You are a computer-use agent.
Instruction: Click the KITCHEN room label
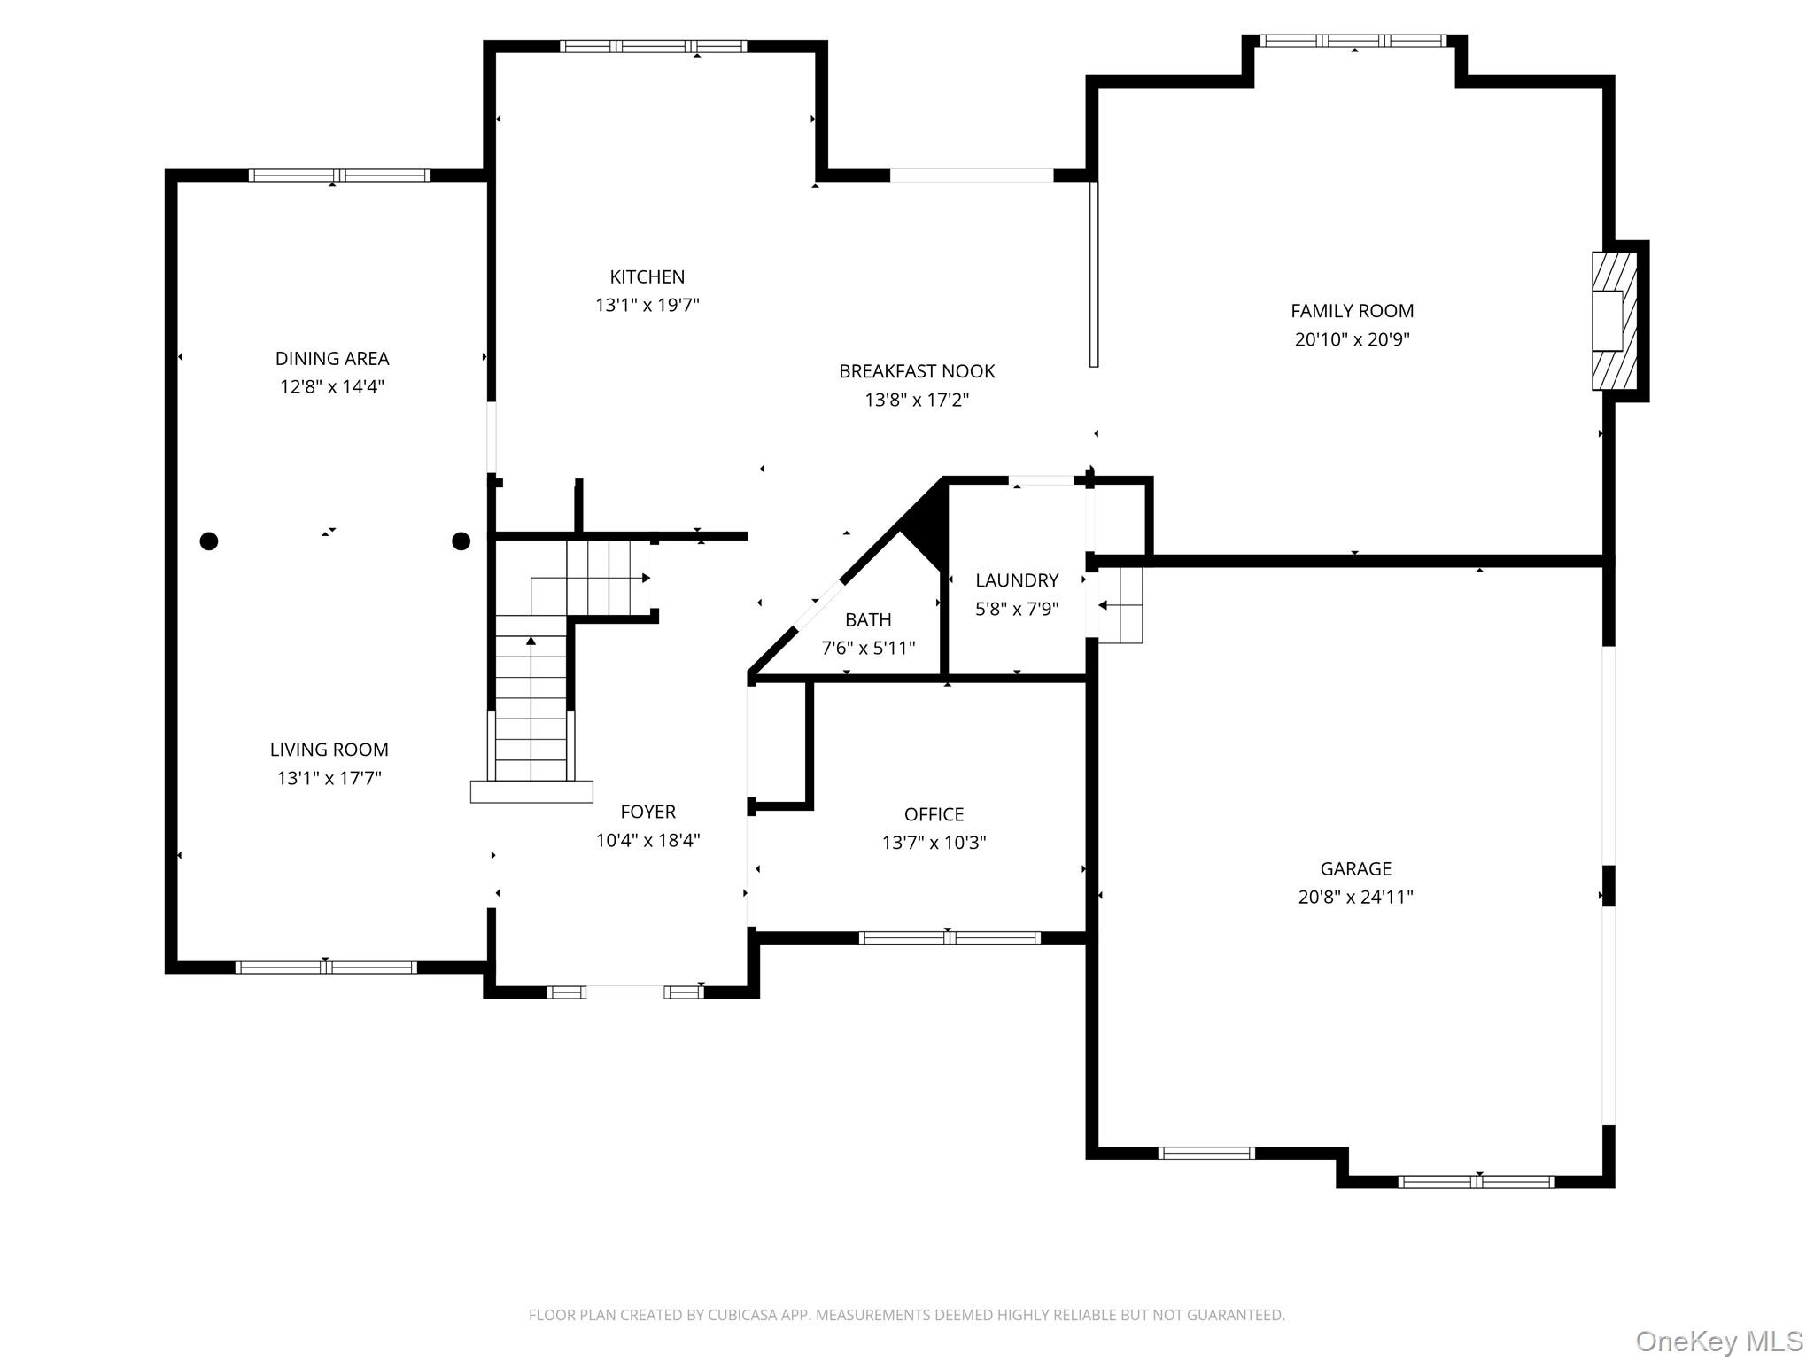[647, 277]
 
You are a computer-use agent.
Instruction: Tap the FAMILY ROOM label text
[1352, 311]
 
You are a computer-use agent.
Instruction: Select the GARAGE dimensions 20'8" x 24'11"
[1355, 897]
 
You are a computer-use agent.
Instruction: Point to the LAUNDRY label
[1017, 580]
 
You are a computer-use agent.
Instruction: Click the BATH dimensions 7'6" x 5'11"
[868, 648]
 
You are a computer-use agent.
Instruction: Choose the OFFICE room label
[934, 814]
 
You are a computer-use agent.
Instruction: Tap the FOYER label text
[647, 812]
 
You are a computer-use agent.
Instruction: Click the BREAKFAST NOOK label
[917, 371]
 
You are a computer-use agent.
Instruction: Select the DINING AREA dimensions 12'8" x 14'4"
[332, 387]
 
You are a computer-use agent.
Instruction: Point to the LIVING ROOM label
[329, 750]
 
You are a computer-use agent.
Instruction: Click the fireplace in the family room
[1614, 321]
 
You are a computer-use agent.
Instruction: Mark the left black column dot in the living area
[209, 541]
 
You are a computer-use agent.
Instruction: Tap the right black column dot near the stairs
[461, 541]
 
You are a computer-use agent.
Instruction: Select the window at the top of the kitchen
[653, 46]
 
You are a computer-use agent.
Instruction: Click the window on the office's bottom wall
[950, 937]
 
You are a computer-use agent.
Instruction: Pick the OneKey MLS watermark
[1719, 1342]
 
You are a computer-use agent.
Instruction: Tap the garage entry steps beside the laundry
[1120, 605]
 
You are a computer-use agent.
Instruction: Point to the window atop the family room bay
[1353, 41]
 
